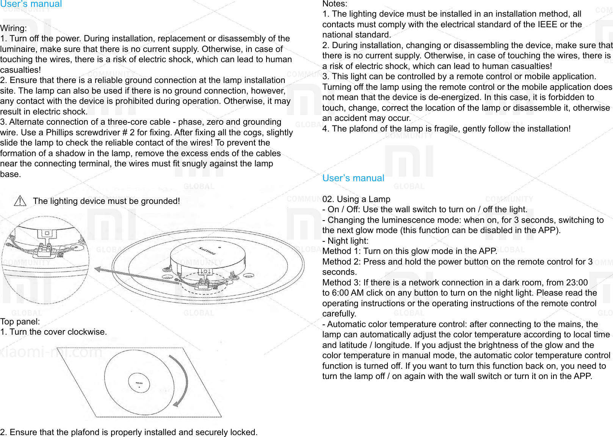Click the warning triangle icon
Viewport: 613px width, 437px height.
[x=20, y=201]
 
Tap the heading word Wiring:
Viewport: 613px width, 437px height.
[x=14, y=28]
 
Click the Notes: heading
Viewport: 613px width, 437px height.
[x=335, y=4]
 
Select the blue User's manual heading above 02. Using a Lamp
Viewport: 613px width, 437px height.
[x=353, y=178]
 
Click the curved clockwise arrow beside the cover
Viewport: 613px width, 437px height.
[x=181, y=381]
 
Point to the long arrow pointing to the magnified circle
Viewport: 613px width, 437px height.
[x=136, y=276]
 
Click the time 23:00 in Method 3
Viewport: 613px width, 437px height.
[x=577, y=282]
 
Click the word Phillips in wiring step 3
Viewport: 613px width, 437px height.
[x=60, y=133]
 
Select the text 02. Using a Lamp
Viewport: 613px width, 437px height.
[x=356, y=199]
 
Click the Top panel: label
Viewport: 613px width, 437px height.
[x=20, y=322]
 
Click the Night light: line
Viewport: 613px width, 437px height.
[x=345, y=241]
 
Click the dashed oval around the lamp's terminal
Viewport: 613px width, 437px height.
[x=204, y=283]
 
